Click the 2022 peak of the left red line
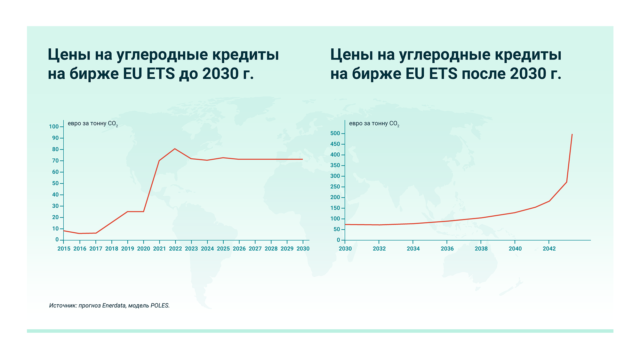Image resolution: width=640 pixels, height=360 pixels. tap(175, 149)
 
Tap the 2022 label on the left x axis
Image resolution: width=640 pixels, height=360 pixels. tap(175, 249)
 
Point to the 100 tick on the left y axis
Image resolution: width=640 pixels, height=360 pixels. tap(54, 127)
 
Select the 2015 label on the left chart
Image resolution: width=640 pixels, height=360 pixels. tap(64, 249)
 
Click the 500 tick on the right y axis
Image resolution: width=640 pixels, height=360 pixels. tap(335, 133)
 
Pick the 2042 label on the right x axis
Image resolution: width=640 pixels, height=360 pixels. tap(549, 249)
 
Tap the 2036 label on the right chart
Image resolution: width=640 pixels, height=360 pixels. tap(447, 249)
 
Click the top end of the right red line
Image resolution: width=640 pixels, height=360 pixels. tap(572, 135)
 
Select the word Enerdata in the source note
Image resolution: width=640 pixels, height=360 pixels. tap(114, 306)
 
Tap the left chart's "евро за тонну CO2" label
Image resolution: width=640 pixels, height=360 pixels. tap(93, 124)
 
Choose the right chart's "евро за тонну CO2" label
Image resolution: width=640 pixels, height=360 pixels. tap(374, 124)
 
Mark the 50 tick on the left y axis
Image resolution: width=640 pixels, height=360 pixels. tap(55, 183)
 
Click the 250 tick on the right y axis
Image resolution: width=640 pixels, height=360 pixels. tap(335, 187)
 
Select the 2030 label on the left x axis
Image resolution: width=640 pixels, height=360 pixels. tap(303, 249)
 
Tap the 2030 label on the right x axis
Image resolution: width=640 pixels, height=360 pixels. tap(345, 249)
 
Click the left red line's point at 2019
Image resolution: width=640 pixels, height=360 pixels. tap(127, 212)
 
